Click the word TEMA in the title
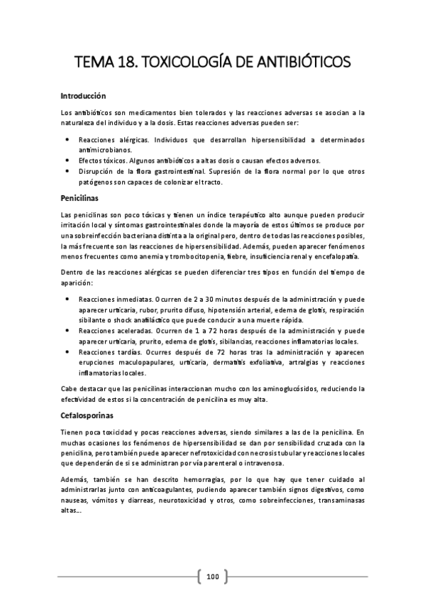(97, 62)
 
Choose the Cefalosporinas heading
(88, 416)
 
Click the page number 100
(212, 576)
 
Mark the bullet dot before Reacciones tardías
(67, 351)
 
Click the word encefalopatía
(338, 256)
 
